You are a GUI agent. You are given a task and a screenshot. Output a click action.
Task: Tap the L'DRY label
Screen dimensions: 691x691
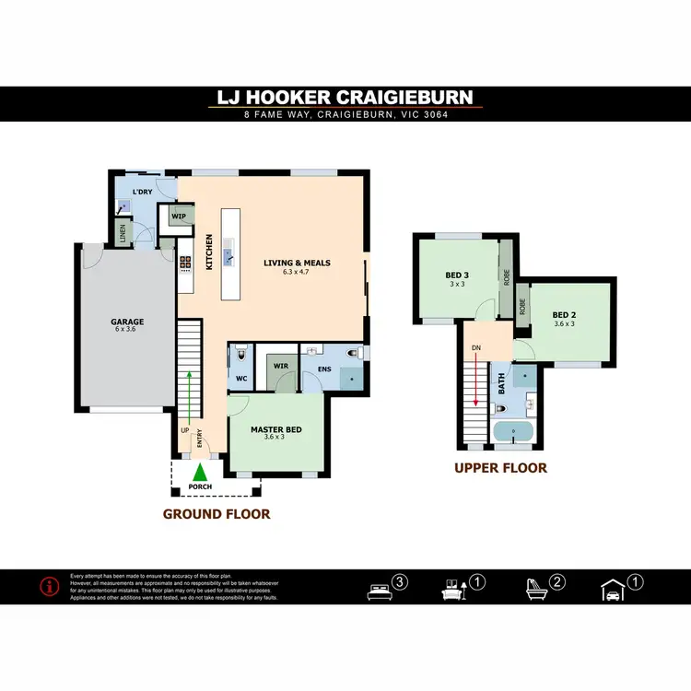142,192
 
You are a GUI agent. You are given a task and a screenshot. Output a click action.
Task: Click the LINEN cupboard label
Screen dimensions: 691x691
120,231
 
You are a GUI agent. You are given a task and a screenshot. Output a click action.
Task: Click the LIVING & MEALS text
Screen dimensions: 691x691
297,264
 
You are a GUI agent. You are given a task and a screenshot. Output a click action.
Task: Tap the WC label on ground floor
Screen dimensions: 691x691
240,377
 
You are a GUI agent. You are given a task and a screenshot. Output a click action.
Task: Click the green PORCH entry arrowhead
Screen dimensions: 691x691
200,474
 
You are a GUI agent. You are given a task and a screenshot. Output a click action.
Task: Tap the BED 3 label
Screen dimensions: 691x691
457,275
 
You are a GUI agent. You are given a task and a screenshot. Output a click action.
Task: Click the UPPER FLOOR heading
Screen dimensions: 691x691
500,468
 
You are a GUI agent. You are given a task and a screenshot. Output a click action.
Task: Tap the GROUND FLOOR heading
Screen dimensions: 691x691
217,514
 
